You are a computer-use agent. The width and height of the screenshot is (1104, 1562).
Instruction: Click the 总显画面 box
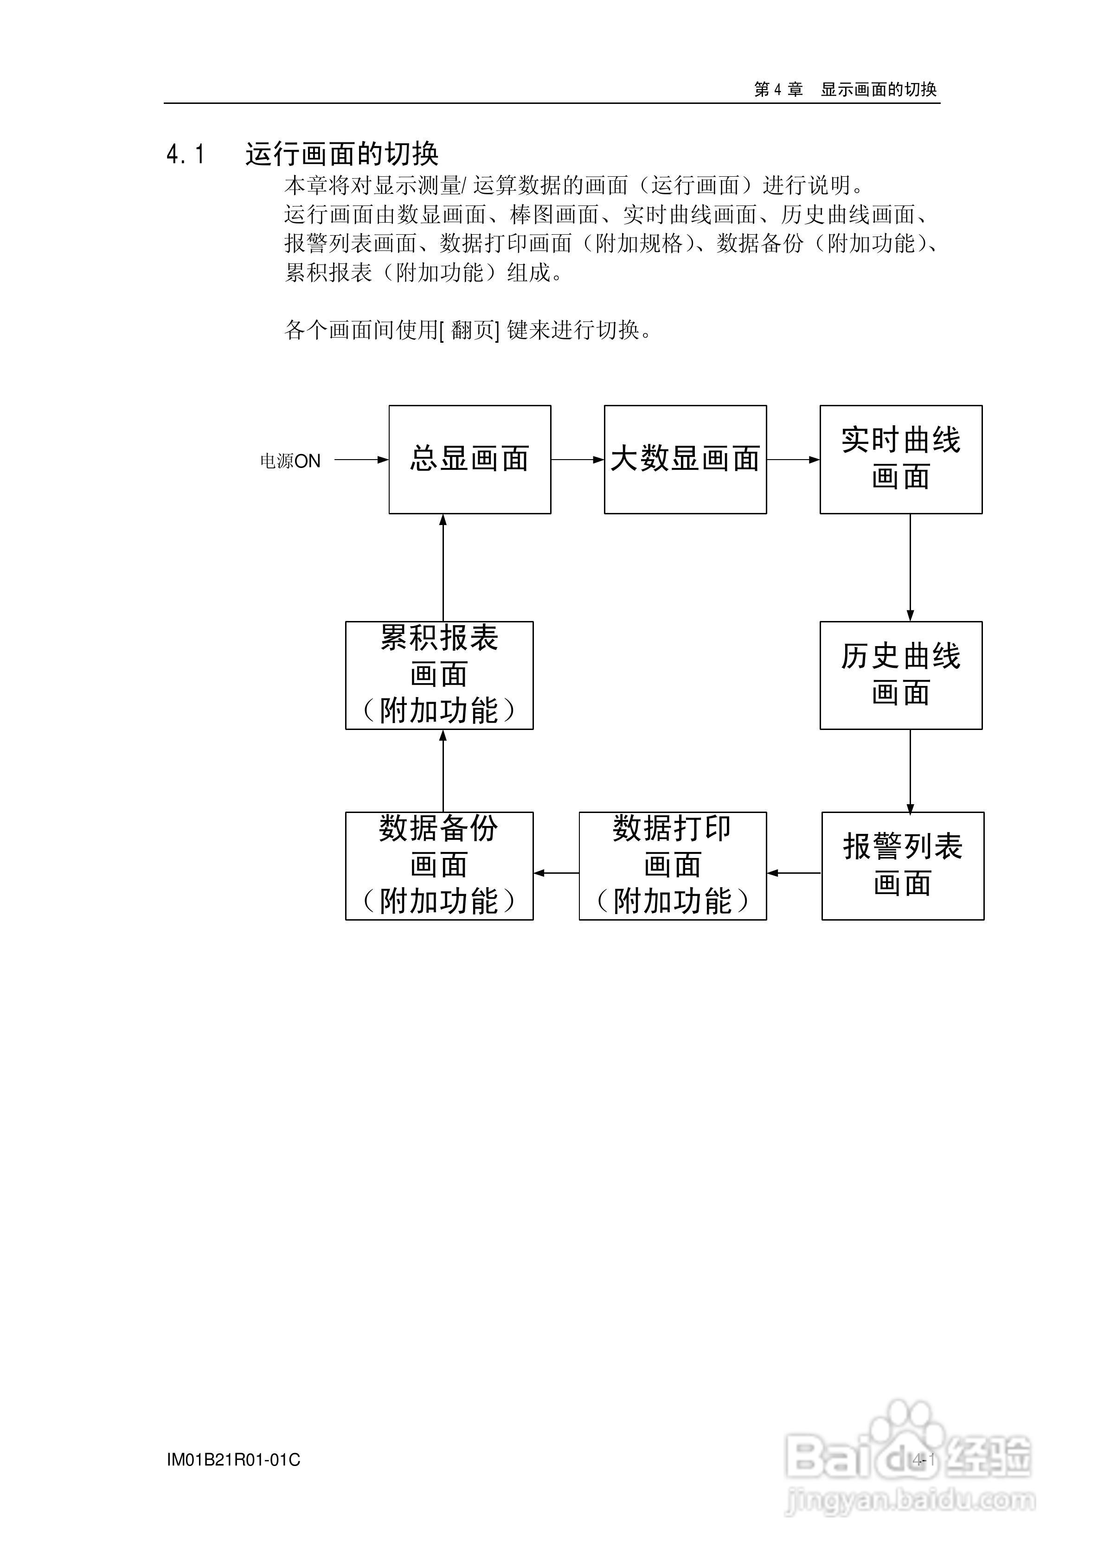point(469,459)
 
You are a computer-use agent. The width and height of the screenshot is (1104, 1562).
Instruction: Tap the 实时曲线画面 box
point(900,459)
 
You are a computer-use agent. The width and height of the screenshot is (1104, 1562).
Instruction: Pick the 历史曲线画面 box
point(900,675)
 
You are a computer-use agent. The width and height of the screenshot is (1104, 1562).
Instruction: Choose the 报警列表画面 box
point(903,865)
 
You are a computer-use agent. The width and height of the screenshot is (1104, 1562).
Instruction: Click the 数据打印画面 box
point(673,865)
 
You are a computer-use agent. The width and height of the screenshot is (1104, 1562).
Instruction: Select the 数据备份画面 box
point(439,865)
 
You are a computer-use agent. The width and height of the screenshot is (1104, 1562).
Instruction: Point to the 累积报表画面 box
point(439,675)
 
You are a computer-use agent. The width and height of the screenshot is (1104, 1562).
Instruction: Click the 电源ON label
point(290,461)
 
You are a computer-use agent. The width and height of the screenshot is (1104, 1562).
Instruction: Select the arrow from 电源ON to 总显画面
point(361,460)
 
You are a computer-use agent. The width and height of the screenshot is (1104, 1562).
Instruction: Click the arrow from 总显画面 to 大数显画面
point(577,460)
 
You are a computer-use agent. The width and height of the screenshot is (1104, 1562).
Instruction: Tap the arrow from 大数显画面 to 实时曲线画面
point(793,460)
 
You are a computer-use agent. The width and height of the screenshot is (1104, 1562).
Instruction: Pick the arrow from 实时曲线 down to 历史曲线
point(910,567)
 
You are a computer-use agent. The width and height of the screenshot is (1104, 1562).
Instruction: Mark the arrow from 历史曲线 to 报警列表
point(910,771)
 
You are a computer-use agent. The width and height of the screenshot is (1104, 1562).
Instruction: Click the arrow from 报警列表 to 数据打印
point(794,873)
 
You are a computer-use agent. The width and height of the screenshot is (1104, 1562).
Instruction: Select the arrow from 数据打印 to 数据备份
point(556,873)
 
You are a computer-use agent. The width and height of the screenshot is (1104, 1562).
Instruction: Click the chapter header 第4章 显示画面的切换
point(845,89)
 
